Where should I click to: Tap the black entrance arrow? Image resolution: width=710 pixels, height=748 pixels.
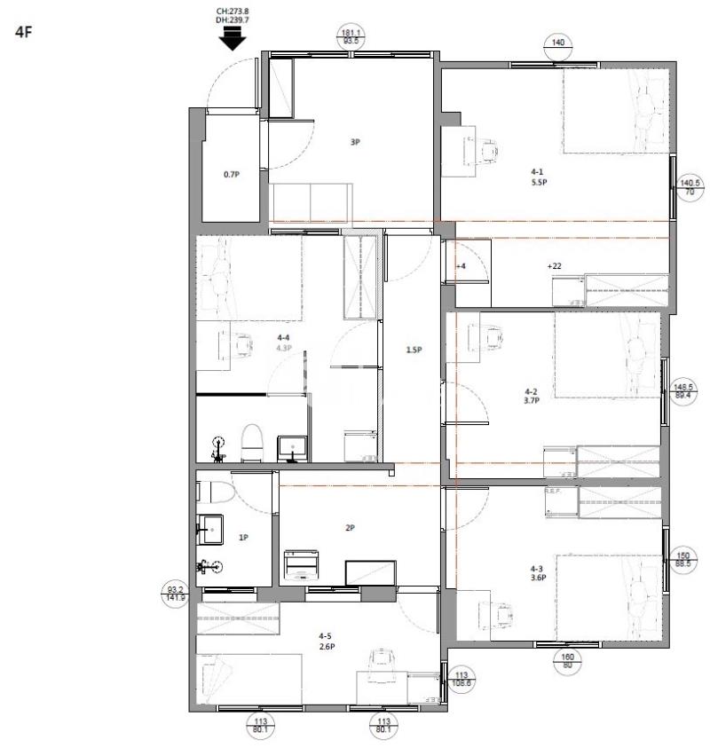[x=232, y=38]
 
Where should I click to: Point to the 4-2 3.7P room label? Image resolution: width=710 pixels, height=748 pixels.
[x=532, y=395]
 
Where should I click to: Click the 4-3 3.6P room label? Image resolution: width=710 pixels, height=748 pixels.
[x=536, y=573]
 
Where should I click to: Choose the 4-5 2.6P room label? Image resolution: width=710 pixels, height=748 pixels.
[x=326, y=641]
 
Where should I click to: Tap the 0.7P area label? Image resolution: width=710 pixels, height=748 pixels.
[x=231, y=175]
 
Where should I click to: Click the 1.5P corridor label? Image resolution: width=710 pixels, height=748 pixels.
[x=414, y=350]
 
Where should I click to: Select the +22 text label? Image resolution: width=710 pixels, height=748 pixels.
[x=554, y=265]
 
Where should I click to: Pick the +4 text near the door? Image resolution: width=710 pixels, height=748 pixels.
[x=461, y=266]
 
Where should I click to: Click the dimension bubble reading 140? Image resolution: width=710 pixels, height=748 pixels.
[x=557, y=43]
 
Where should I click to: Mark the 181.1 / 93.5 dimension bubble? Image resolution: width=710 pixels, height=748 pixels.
[x=351, y=36]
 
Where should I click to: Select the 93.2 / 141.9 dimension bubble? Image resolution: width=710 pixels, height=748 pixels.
[x=176, y=593]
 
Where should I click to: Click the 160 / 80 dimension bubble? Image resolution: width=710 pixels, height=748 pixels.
[x=568, y=662]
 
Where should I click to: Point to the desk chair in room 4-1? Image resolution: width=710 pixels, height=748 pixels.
[x=487, y=150]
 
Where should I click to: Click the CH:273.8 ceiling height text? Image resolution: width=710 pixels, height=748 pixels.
[x=233, y=12]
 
